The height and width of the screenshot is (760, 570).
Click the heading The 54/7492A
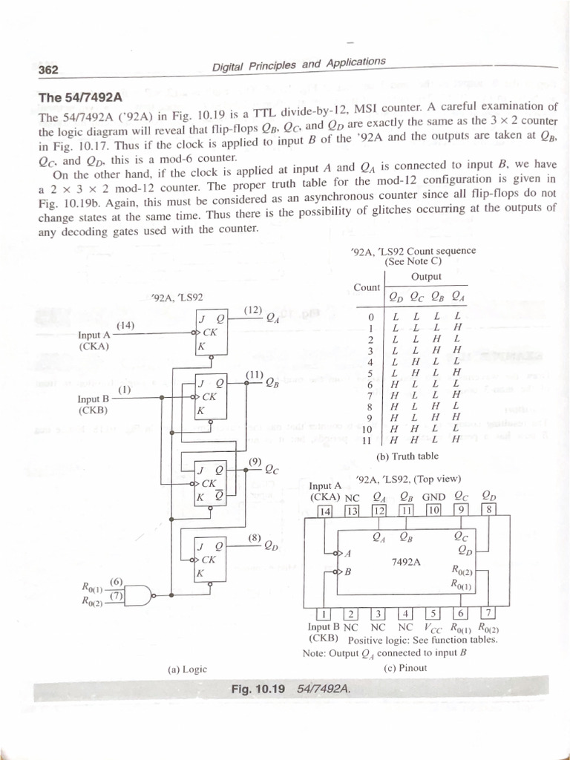81,98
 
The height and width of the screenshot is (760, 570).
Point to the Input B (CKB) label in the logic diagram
94,404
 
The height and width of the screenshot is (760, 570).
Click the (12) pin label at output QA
252,309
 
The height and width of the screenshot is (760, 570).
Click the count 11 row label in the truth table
365,440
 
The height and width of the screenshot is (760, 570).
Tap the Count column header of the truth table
367,287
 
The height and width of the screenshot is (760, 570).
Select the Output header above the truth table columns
426,277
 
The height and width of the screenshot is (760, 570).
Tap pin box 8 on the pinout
489,510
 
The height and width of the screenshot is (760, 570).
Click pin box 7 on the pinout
488,613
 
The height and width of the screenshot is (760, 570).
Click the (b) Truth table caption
408,456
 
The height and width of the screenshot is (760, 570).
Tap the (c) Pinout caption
405,667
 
